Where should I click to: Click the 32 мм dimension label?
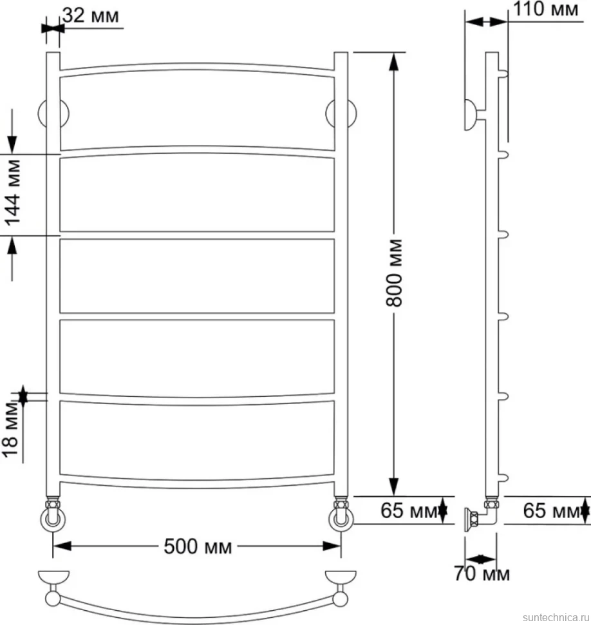[91, 16]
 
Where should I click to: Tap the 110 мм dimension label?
[545, 9]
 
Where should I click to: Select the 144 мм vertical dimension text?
[12, 193]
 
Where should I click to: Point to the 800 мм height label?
[394, 273]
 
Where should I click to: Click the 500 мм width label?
[198, 546]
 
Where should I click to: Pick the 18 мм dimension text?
[11, 430]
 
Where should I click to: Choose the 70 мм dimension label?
[482, 574]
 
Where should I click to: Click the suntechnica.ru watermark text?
[556, 617]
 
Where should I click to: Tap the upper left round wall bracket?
[53, 113]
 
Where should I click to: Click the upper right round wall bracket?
[341, 113]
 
